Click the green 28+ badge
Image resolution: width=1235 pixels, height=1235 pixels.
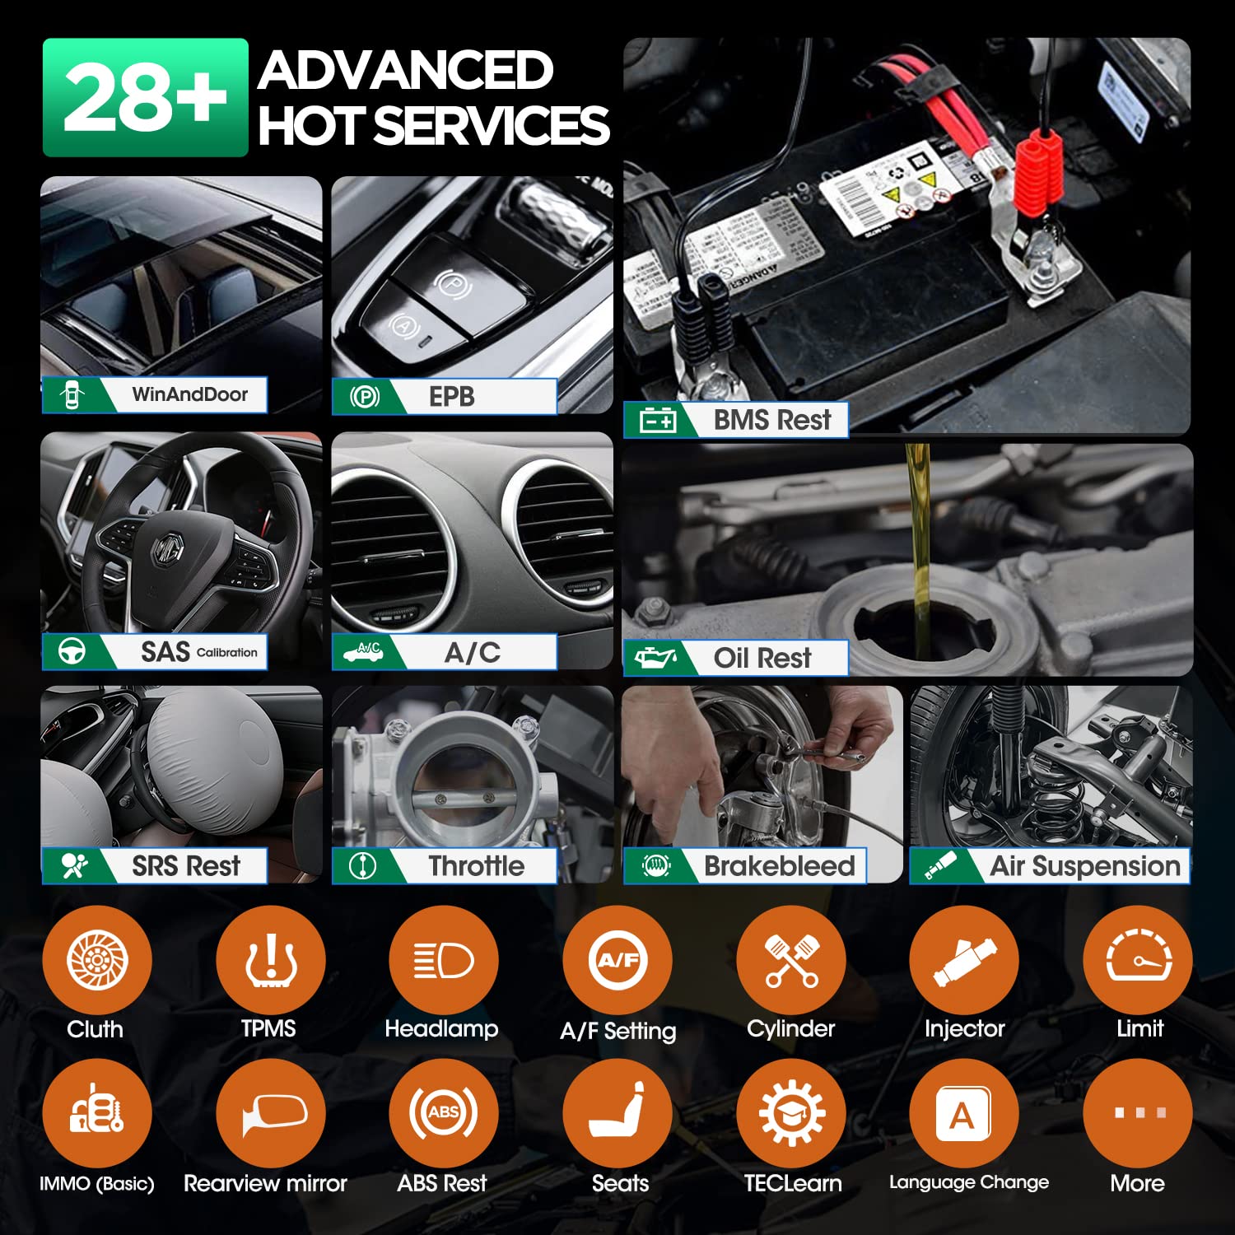coord(145,97)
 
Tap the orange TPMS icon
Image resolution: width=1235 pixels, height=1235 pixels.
coord(270,960)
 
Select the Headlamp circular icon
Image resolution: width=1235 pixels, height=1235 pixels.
coord(443,960)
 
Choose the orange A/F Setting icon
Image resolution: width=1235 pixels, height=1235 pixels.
coord(617,960)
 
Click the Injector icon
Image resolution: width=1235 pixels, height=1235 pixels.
coord(964,960)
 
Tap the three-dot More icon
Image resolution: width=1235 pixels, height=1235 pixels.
coord(1138,1113)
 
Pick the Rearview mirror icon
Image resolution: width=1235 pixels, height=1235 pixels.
coord(270,1113)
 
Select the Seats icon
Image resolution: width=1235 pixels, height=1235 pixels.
coord(617,1113)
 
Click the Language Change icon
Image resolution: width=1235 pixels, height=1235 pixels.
coord(964,1113)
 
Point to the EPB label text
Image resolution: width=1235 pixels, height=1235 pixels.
coord(452,397)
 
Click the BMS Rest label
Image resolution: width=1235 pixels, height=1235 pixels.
coord(772,420)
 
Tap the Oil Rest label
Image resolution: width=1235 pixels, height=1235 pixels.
coord(762,658)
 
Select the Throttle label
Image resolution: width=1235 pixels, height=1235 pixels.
coord(476,866)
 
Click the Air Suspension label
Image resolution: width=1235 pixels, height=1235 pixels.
coord(1085,866)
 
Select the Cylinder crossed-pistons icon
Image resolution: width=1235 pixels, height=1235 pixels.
coord(791,960)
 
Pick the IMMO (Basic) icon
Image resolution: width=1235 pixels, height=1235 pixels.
coord(97,1113)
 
